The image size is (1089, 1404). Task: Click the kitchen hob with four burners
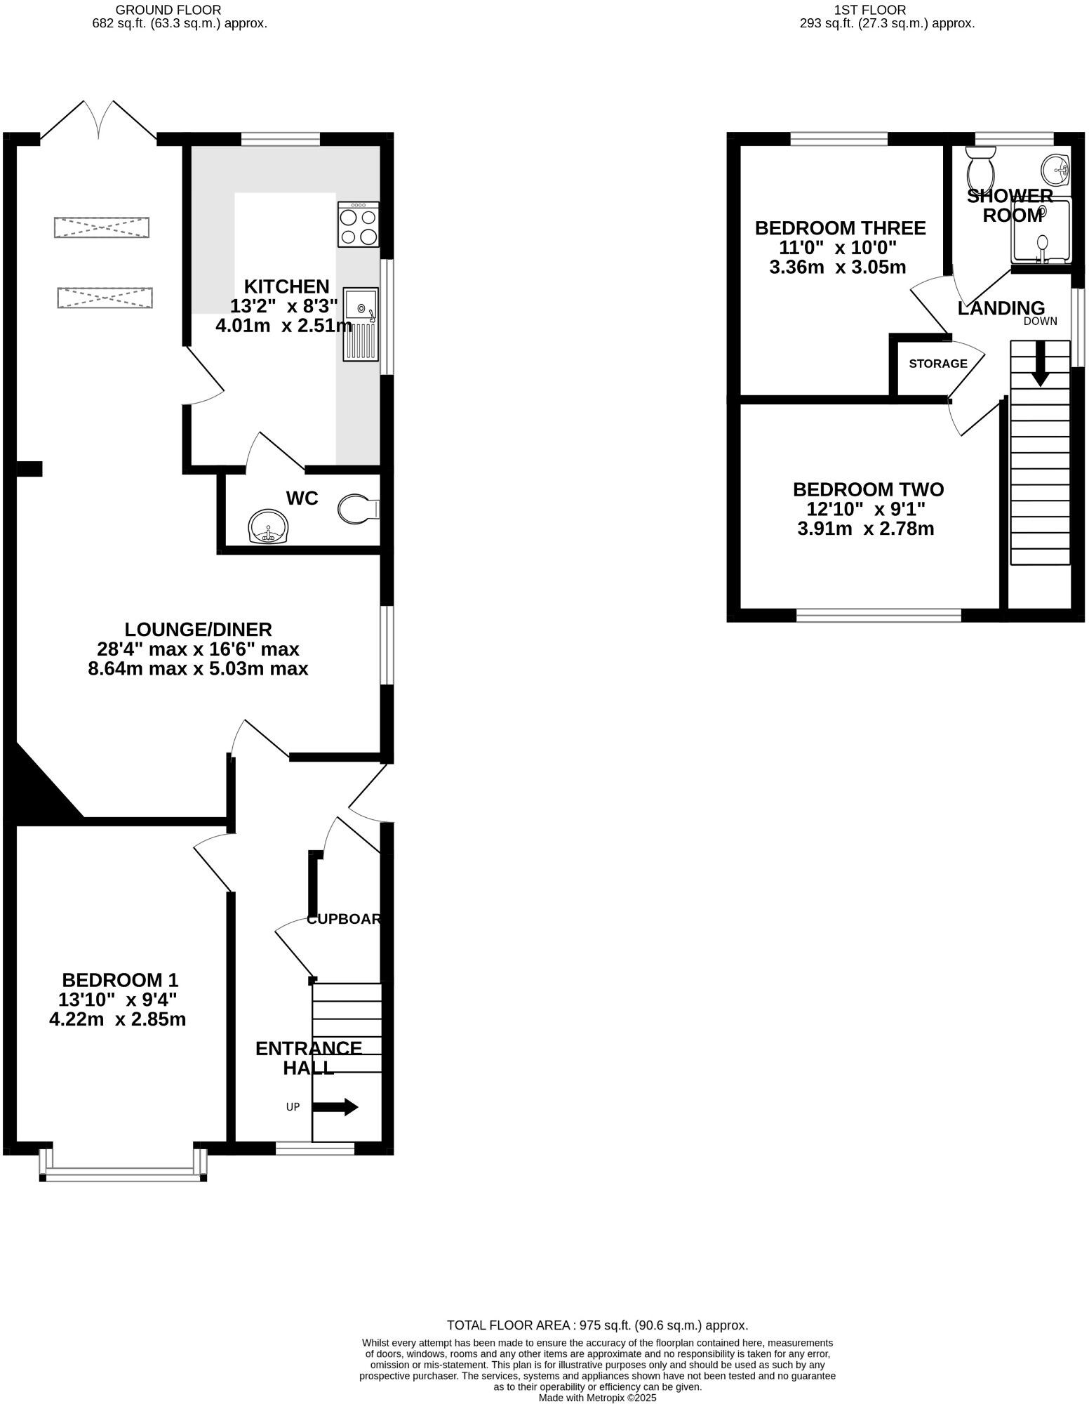coord(359,225)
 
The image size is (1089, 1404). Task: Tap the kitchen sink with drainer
coord(361,324)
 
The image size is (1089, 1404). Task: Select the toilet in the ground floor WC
coord(358,509)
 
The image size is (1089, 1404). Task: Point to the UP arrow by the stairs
coord(335,1107)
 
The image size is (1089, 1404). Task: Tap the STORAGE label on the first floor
coord(937,364)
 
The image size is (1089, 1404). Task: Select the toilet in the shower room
coord(980,166)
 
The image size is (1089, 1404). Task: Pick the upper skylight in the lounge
coord(102,227)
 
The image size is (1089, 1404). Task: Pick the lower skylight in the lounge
coord(105,297)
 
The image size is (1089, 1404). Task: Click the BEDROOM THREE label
coord(840,228)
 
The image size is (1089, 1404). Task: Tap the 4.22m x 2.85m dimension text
coord(118,1019)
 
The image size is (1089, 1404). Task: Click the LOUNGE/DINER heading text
coord(198,629)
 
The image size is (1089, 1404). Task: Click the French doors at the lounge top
coord(98,119)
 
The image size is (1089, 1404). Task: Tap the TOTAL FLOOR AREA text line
coord(597,1325)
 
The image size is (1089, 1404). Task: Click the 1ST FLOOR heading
coord(869,10)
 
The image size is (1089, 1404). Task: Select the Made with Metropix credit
coord(597,1398)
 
